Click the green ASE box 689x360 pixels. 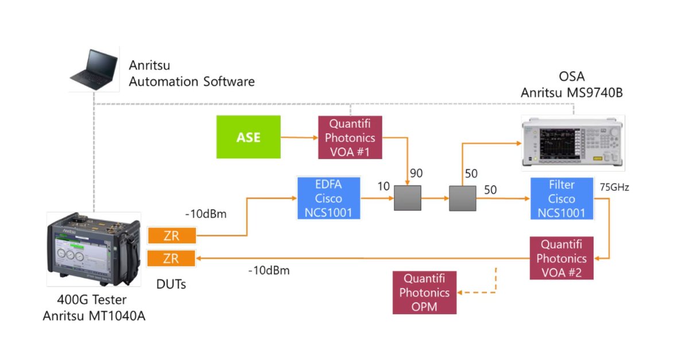248,137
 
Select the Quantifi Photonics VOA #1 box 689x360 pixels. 350,137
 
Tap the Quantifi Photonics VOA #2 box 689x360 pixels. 561,258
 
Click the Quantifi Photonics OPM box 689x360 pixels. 424,292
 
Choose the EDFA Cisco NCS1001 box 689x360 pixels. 328,199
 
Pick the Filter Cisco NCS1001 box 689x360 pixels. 561,199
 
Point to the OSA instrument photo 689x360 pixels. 572,141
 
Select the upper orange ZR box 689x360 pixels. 171,235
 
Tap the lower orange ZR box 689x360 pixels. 171,258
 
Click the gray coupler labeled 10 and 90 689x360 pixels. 407,199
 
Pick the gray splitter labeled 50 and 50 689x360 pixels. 463,199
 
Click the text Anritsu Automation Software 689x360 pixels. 191,73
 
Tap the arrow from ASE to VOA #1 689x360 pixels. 299,138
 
